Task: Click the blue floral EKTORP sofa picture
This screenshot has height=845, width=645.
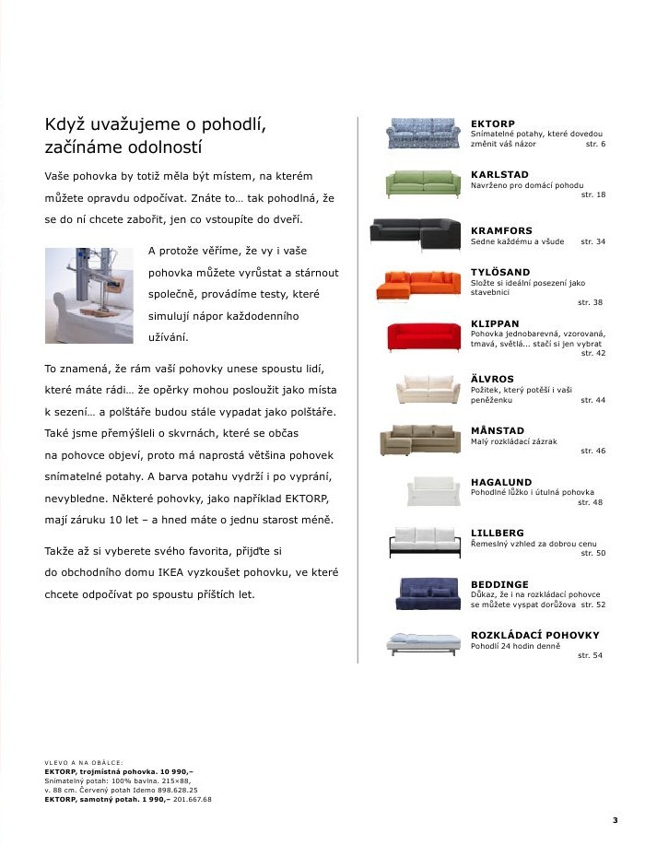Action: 422,134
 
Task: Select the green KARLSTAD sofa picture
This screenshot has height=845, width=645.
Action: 422,183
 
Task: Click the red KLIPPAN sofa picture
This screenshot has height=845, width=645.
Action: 422,336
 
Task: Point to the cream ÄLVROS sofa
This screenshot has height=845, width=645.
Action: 428,391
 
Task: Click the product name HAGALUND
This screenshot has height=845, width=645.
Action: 501,482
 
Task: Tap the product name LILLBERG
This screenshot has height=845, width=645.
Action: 498,534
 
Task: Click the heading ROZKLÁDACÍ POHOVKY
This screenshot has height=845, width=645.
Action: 534,635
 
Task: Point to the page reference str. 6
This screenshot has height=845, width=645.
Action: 595,145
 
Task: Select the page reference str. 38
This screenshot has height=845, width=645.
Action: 590,302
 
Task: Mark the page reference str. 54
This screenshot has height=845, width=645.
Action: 590,655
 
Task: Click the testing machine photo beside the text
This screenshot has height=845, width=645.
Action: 89,295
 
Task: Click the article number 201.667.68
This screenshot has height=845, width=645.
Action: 193,799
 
